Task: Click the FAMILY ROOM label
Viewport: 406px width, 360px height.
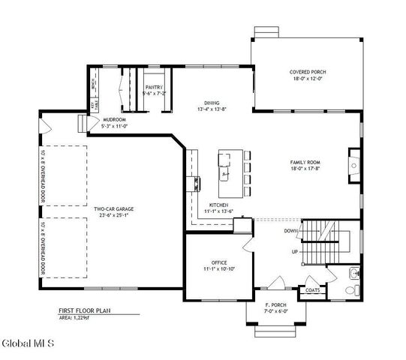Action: tap(305, 162)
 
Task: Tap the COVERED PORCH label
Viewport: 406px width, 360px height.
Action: tap(308, 73)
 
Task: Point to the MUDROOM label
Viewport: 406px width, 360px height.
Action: tap(114, 119)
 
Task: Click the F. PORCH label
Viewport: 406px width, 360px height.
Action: tap(275, 304)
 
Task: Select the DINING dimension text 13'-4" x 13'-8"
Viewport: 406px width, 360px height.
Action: tap(212, 109)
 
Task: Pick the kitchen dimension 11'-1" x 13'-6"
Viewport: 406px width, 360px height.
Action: tap(218, 211)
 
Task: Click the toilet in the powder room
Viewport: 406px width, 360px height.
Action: tap(357, 289)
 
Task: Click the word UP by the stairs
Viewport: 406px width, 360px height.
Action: tap(295, 251)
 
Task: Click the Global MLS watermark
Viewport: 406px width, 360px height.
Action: tap(28, 345)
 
